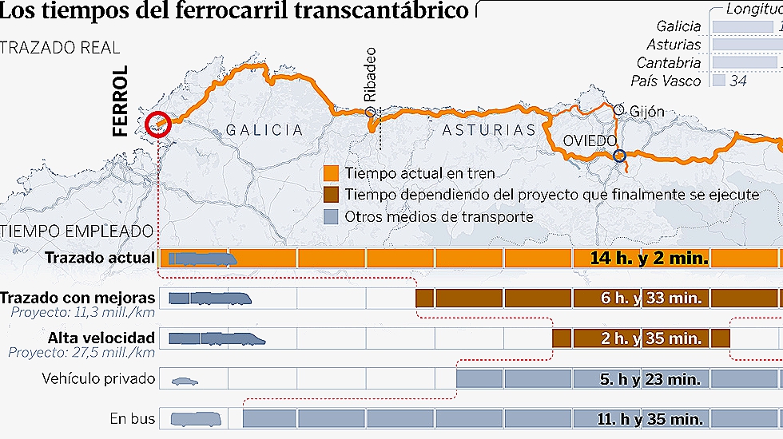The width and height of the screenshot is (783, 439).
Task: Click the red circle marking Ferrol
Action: pos(158,125)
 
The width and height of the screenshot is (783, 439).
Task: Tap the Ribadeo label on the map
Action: pos(369,73)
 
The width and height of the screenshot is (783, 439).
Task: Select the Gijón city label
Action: pos(646,112)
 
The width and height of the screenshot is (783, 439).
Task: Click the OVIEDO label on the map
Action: pos(590,140)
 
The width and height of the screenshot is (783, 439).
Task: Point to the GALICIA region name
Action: pos(264,130)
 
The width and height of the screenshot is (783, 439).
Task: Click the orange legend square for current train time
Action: pos(331,173)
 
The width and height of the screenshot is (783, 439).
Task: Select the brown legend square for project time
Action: pos(331,195)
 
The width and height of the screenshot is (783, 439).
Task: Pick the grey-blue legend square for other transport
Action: pos(331,216)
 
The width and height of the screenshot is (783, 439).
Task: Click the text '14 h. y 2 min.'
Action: pos(649,258)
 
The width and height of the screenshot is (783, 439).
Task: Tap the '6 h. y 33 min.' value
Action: pos(652,299)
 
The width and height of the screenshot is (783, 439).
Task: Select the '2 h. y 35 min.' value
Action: pos(652,338)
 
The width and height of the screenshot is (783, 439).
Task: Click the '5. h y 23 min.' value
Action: pos(652,379)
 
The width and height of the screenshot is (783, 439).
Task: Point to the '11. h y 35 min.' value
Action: pos(650,419)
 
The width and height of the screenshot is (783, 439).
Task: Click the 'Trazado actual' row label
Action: pos(100,258)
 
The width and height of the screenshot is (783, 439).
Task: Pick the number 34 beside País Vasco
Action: pos(738,81)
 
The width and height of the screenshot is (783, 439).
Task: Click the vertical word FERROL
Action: pos(121,101)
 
